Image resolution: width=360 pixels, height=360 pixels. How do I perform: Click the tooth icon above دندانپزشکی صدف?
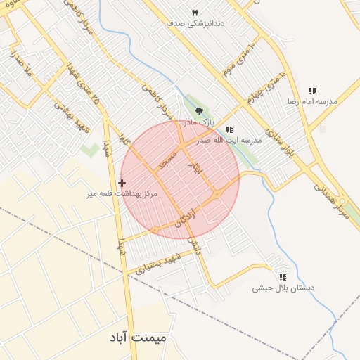(x=195, y=13)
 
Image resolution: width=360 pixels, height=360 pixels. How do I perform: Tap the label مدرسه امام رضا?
(x=311, y=102)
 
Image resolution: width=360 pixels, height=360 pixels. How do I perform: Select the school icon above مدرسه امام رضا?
(x=312, y=91)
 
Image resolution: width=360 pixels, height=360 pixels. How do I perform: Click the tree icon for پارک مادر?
(x=199, y=110)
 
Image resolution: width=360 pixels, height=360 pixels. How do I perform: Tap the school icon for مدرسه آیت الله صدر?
(x=230, y=129)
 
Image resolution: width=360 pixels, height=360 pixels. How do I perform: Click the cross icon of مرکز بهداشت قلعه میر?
(x=122, y=183)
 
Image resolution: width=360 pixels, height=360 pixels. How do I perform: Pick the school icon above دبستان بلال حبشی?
(x=283, y=277)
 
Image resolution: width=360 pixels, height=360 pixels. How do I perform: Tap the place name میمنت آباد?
(x=139, y=337)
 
